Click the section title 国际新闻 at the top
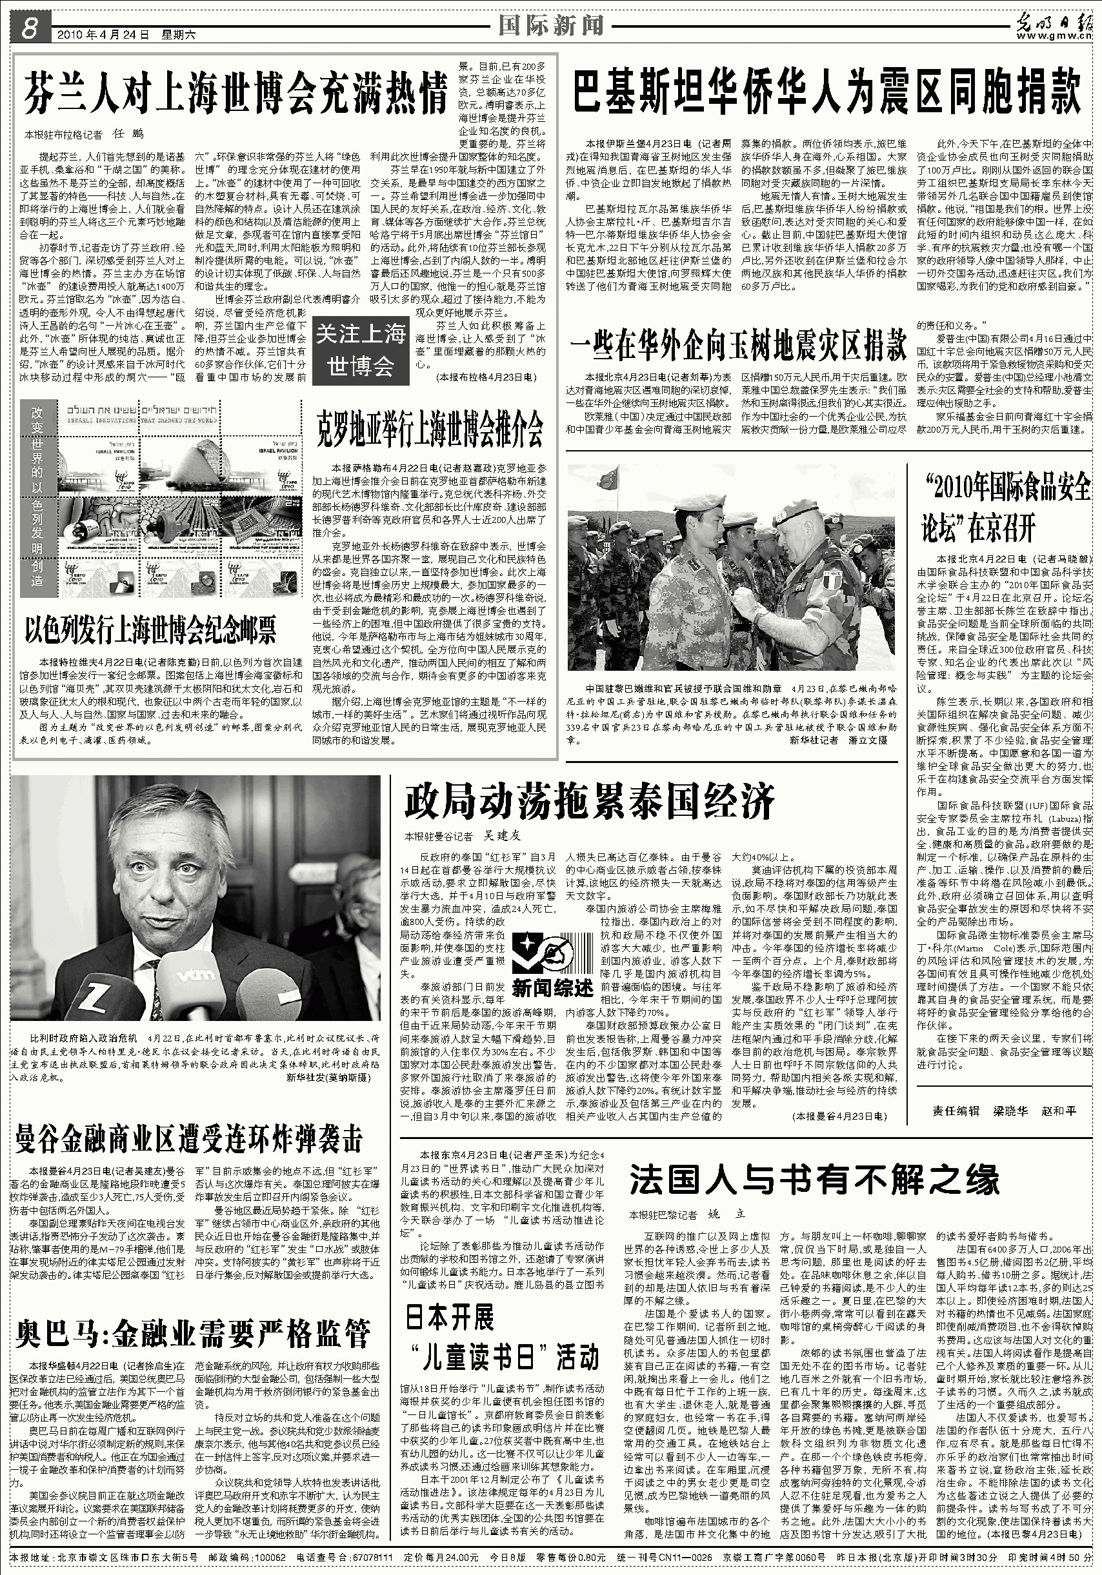[550, 25]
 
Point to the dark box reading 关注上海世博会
[361, 350]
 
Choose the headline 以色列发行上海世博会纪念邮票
[150, 630]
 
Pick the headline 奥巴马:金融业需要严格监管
[193, 1334]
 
